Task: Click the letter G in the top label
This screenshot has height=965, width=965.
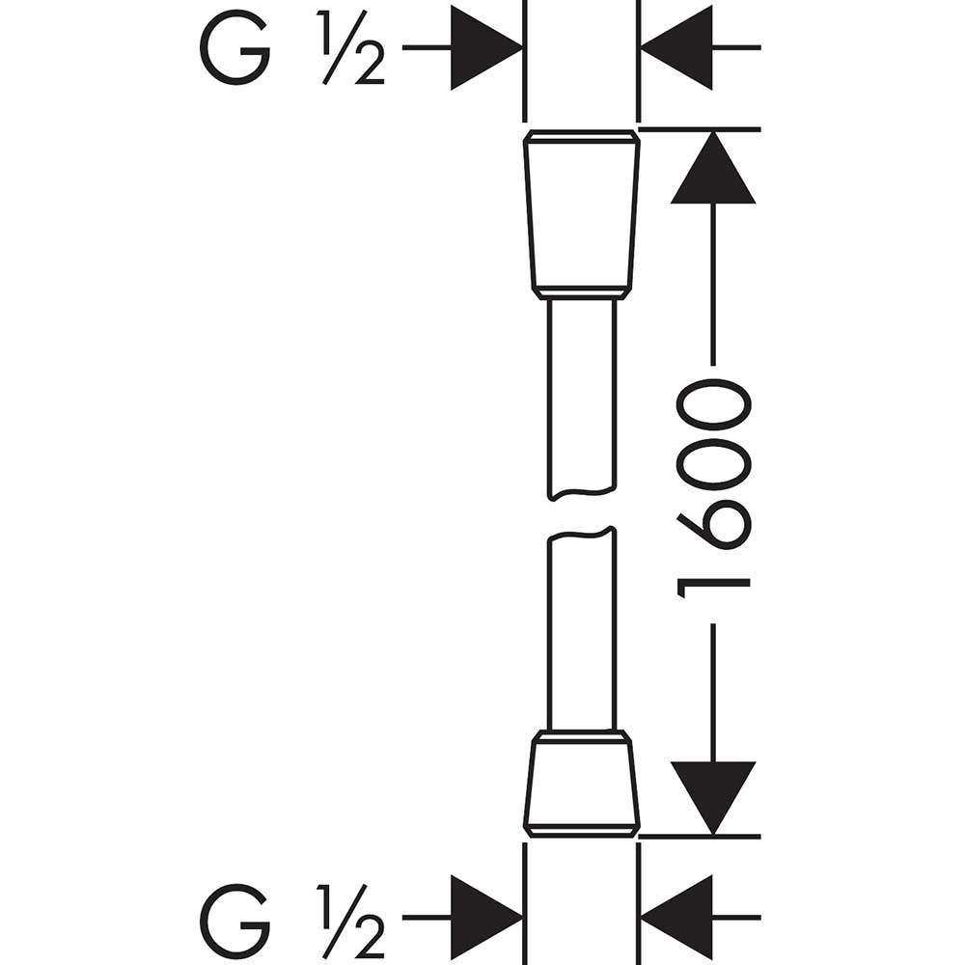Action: click(234, 47)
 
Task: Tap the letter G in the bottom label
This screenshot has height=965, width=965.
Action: click(234, 918)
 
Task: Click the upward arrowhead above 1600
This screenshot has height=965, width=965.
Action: click(713, 169)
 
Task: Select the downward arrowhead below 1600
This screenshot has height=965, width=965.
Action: click(713, 796)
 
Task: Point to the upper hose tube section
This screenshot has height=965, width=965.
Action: click(582, 396)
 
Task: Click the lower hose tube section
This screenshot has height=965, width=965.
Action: click(582, 627)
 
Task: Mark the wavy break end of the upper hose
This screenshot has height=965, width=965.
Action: click(582, 494)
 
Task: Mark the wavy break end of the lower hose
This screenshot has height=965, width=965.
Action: click(582, 533)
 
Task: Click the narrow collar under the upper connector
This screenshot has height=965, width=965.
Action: click(582, 292)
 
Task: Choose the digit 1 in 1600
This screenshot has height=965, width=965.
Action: click(713, 585)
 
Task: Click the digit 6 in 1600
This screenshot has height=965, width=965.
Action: click(713, 527)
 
